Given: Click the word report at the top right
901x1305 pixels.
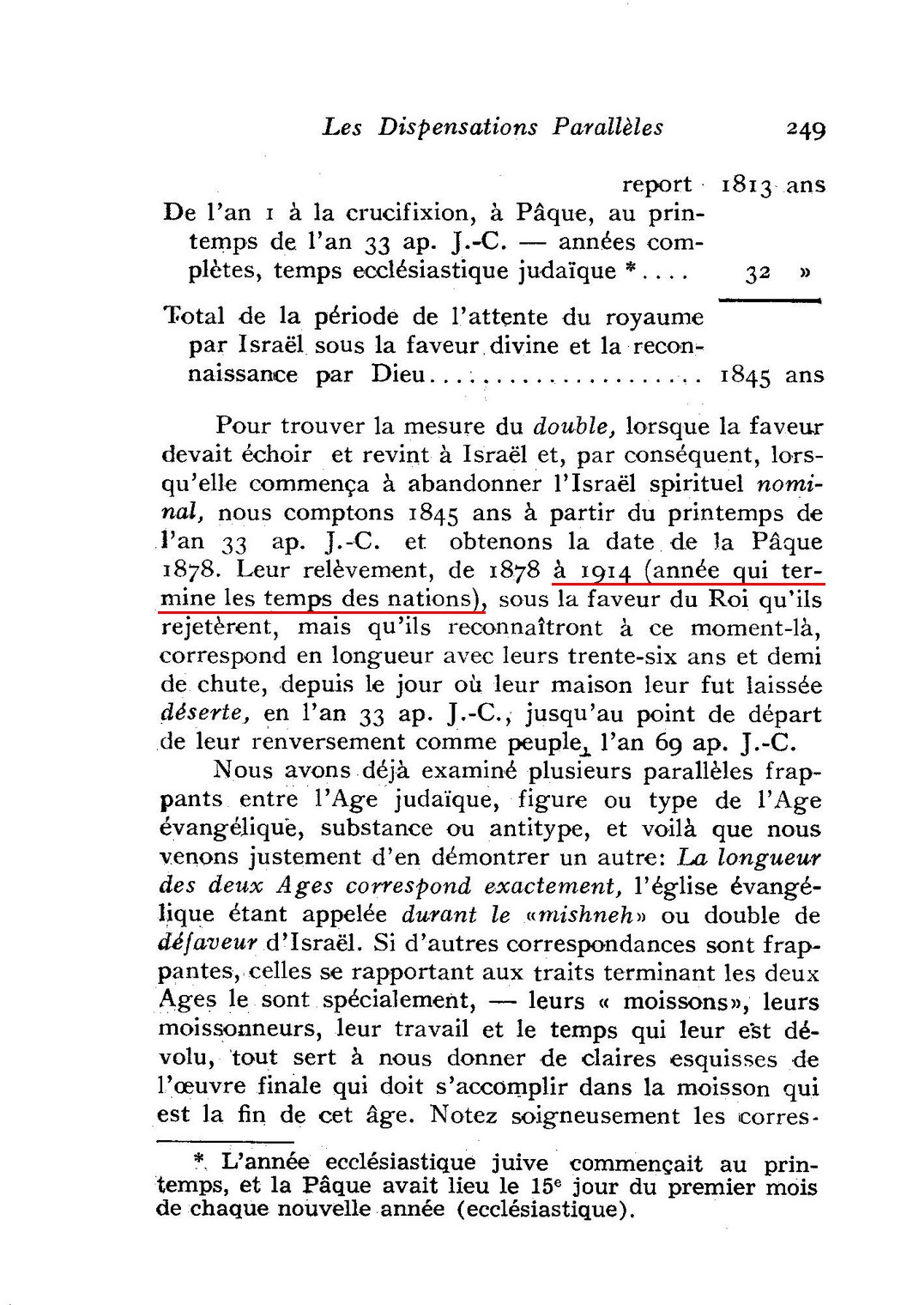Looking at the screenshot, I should coord(656,185).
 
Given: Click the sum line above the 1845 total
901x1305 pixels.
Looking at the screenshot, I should coord(770,300).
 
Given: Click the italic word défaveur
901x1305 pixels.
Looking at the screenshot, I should coord(209,944).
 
